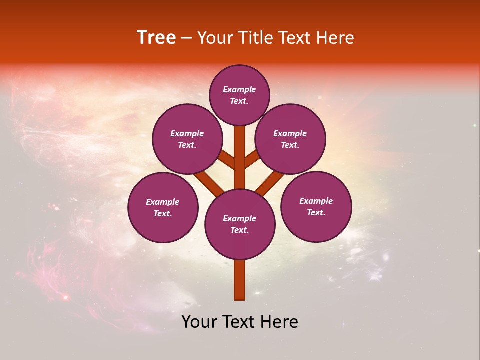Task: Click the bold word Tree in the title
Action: [x=156, y=38]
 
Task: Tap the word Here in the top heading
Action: [x=335, y=38]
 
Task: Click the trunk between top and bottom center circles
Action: [x=240, y=157]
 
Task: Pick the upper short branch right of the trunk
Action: [x=251, y=158]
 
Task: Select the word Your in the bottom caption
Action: [x=199, y=322]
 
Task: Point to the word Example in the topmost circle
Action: [x=239, y=90]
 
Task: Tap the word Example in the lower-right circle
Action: [x=316, y=201]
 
